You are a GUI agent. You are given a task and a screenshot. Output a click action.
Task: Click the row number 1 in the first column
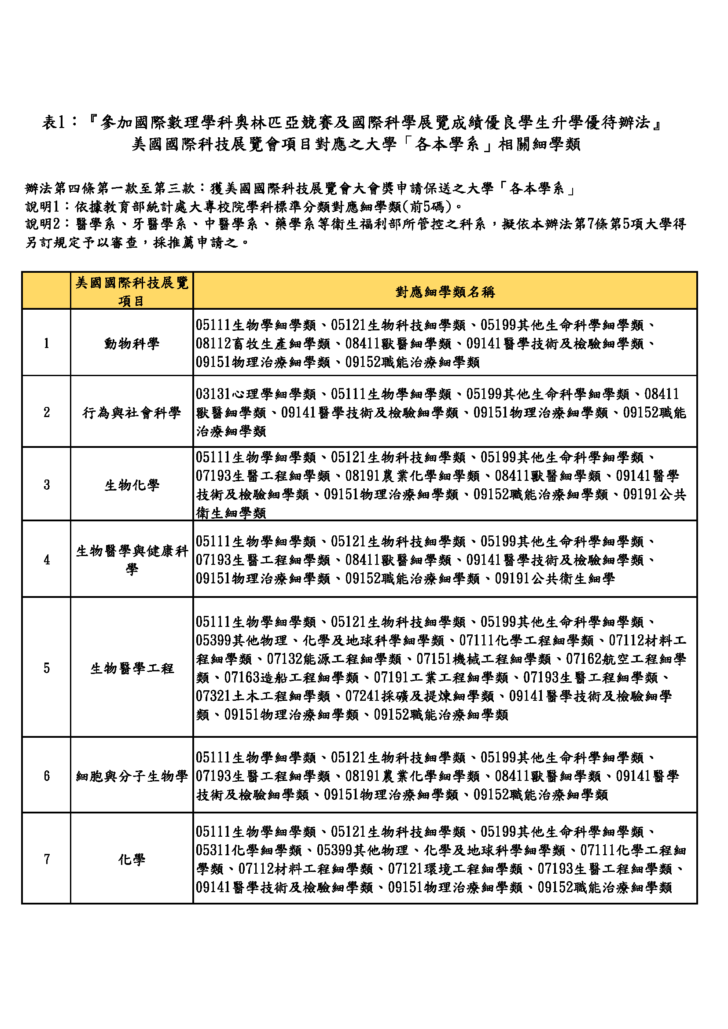pyautogui.click(x=46, y=343)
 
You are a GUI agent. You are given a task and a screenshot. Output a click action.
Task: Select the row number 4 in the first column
pyautogui.click(x=47, y=560)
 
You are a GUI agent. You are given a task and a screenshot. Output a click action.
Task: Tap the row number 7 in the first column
pyautogui.click(x=47, y=859)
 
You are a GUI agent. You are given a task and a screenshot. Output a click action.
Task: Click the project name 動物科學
pyautogui.click(x=132, y=344)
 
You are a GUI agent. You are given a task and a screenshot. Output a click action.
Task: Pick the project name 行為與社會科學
pyautogui.click(x=132, y=412)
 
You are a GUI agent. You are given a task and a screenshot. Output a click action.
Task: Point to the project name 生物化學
pyautogui.click(x=132, y=485)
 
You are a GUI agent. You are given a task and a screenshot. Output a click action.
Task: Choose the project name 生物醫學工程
pyautogui.click(x=132, y=669)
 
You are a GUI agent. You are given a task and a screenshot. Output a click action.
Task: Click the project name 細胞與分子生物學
pyautogui.click(x=132, y=776)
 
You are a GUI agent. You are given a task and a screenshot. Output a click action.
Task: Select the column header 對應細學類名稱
pyautogui.click(x=445, y=292)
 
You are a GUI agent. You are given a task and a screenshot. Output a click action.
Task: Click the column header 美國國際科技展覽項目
pyautogui.click(x=132, y=291)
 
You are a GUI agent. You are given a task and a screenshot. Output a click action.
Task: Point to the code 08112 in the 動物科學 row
pyautogui.click(x=213, y=344)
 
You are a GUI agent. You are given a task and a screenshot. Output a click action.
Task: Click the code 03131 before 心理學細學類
pyautogui.click(x=213, y=394)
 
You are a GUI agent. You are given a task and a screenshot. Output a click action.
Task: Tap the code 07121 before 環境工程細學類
pyautogui.click(x=406, y=869)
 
